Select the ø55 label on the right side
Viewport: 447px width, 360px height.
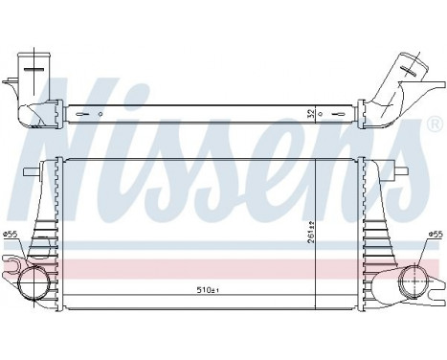tap(436, 235)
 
